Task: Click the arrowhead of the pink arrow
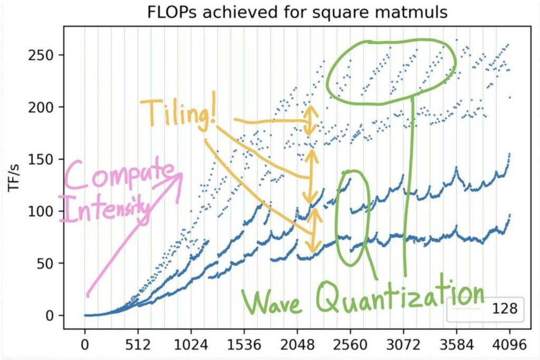(178, 176)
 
